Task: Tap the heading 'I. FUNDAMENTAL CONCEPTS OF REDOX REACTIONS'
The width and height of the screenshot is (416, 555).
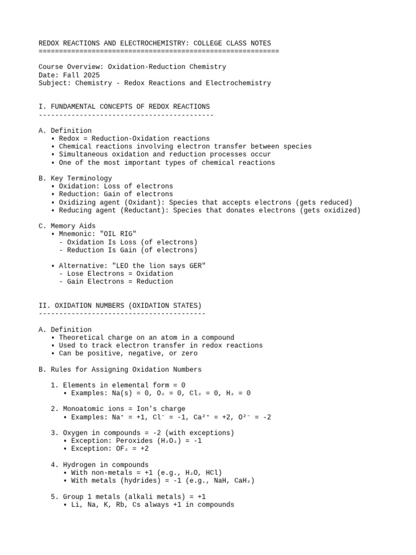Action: pos(124,106)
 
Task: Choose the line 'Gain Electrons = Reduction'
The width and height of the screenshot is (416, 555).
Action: pos(120,281)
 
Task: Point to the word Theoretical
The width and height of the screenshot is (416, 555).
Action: pos(83,338)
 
